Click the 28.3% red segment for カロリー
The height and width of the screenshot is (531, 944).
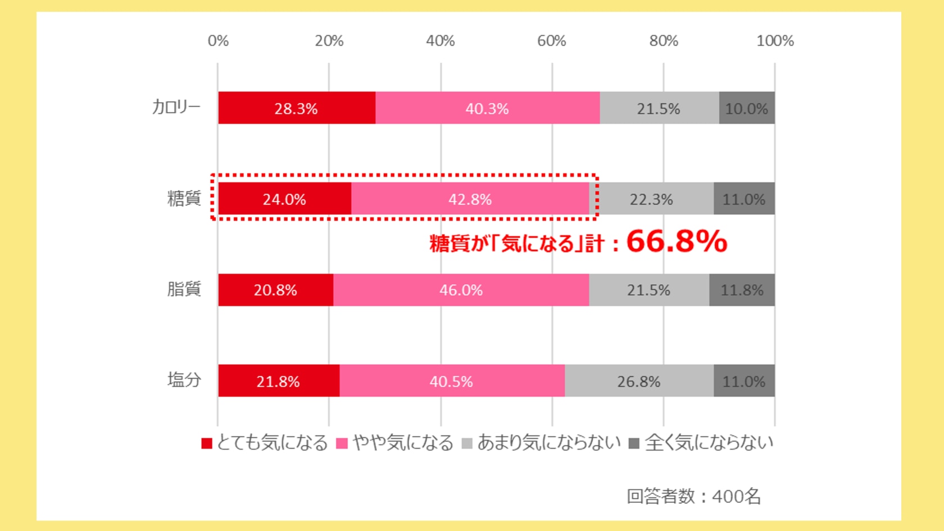(x=296, y=108)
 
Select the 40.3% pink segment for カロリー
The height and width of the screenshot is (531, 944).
(x=487, y=108)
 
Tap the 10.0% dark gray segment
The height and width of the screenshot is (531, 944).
(x=746, y=108)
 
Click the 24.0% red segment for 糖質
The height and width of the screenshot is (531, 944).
(x=284, y=199)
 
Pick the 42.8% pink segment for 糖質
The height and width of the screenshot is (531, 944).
(x=470, y=199)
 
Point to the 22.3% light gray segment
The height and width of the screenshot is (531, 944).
(x=651, y=199)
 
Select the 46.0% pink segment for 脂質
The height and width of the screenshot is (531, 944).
(x=461, y=290)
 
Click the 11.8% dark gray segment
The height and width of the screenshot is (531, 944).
(x=742, y=290)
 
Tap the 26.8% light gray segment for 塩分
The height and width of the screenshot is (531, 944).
(x=639, y=381)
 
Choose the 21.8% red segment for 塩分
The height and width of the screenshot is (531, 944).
(x=278, y=381)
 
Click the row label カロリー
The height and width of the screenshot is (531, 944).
(x=176, y=107)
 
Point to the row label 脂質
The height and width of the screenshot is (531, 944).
(x=184, y=289)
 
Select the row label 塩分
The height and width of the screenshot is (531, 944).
(x=184, y=380)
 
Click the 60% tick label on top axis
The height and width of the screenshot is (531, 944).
(x=551, y=40)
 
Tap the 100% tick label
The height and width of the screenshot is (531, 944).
(x=775, y=40)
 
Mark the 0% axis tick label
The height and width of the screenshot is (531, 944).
(x=218, y=40)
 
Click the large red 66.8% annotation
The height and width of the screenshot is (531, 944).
(x=677, y=242)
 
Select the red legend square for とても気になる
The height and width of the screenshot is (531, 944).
(x=207, y=443)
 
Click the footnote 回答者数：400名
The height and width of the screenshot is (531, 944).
(x=693, y=496)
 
